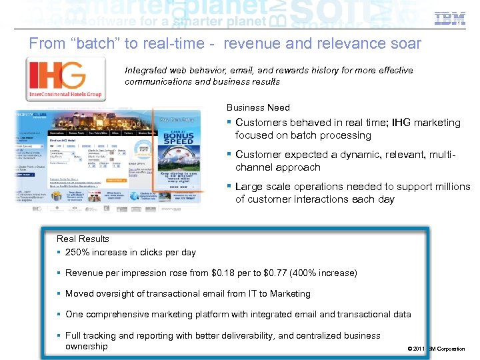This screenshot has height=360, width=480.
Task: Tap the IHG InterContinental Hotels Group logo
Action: click(x=65, y=79)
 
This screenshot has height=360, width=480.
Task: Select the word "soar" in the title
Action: click(x=405, y=44)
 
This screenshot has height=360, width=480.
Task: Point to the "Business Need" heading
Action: click(x=258, y=107)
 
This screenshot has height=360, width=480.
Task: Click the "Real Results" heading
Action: click(x=83, y=239)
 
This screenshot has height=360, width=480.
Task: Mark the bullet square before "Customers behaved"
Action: click(x=229, y=122)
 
